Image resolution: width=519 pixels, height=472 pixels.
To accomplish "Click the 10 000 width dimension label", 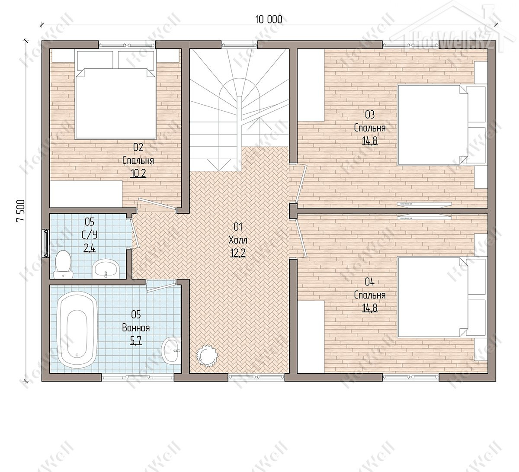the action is click(269, 19).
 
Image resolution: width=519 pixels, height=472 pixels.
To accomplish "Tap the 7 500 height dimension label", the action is click(20, 210).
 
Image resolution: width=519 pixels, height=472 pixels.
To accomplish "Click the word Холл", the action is click(238, 240).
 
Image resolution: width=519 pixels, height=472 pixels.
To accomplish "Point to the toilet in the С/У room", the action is click(63, 264).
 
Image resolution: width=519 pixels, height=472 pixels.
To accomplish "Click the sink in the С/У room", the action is click(106, 269).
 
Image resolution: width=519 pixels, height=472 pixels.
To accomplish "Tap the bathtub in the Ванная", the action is click(77, 329).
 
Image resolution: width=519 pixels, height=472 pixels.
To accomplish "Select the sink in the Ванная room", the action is click(171, 351).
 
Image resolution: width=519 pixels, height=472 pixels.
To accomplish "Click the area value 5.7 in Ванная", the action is click(136, 341).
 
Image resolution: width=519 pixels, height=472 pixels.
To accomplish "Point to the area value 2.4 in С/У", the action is click(90, 249).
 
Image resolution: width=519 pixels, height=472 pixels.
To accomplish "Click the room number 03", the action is click(370, 115).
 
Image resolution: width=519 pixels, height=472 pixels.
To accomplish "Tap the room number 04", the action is click(370, 282).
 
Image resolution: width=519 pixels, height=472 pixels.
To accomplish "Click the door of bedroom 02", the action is click(157, 205).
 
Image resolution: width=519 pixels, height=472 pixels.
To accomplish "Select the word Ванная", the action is click(136, 328).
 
